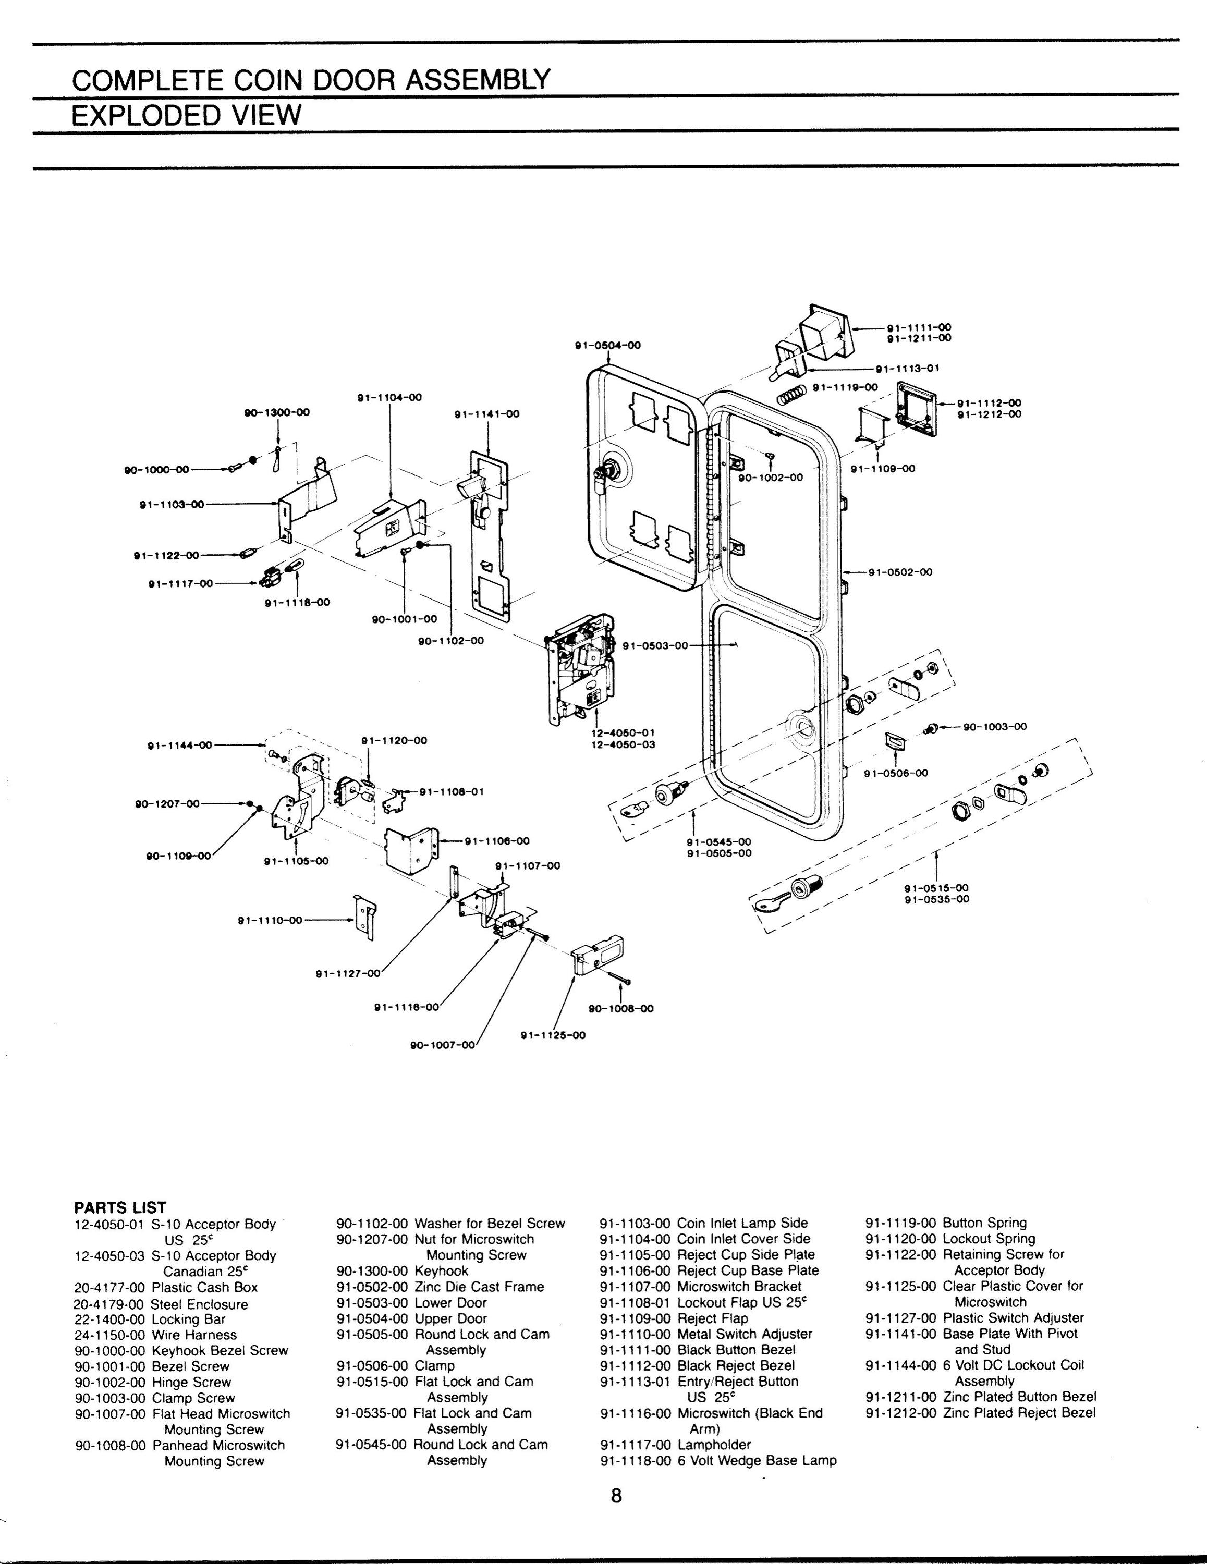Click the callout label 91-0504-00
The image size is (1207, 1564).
(x=608, y=345)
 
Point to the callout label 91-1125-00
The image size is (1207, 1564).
(x=553, y=1034)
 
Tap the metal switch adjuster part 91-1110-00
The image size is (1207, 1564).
(x=365, y=917)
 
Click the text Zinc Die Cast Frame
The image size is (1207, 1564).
(x=479, y=1287)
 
